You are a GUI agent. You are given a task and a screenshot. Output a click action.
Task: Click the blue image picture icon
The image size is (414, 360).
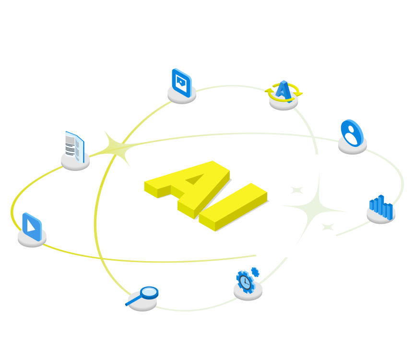pos(182,83)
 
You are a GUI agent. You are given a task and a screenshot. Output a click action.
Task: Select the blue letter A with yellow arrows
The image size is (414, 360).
pos(284,91)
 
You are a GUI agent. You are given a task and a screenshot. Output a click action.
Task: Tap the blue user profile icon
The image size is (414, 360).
pos(352,133)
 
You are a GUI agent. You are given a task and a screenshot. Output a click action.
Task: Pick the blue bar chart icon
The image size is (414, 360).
pos(381,207)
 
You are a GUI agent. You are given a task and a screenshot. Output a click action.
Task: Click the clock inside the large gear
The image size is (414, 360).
pos(245,282)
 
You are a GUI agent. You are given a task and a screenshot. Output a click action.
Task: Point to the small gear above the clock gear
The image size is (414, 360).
pos(255,272)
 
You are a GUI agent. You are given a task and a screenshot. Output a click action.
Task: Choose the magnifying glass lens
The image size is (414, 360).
pos(149,293)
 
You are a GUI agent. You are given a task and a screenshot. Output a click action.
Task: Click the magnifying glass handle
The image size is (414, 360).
pos(134,300)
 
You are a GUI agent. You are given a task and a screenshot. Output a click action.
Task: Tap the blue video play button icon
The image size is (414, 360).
pos(32,227)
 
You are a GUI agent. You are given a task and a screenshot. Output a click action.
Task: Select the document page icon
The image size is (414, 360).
pos(75,147)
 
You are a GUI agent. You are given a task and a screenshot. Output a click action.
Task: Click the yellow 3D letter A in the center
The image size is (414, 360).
pos(187,189)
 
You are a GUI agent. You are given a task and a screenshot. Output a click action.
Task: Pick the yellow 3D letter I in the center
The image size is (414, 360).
pos(233,207)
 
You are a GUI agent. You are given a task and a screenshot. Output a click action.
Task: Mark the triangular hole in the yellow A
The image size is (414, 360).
pos(195,179)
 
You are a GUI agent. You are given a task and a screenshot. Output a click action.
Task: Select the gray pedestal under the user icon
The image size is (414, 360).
pos(353,146)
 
